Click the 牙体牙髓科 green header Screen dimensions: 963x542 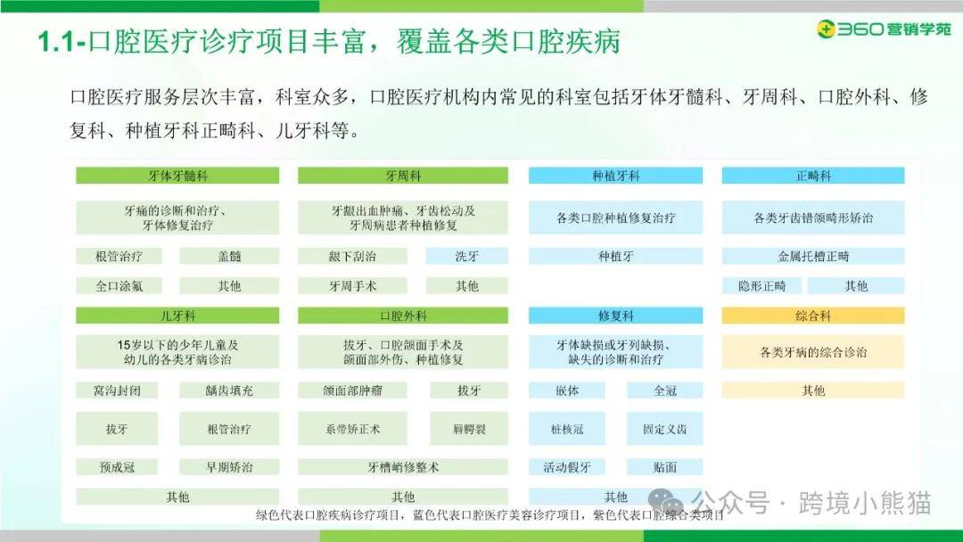177,176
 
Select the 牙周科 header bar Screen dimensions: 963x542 403,176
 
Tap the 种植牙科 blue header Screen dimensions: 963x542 615,176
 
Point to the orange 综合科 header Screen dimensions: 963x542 813,316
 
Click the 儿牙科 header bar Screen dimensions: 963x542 177,316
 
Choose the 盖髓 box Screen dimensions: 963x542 229,256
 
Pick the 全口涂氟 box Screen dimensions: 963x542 119,285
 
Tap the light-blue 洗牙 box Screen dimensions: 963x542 466,256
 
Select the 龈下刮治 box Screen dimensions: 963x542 352,256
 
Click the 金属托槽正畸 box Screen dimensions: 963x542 813,256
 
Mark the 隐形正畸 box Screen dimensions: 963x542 762,285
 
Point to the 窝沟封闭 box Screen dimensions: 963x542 117,390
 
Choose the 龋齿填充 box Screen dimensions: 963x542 229,390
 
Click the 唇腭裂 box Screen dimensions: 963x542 469,429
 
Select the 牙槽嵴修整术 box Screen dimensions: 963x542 403,467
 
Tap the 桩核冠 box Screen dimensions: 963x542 567,429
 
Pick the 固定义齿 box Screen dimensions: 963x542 664,429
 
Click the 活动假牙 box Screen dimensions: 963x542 567,467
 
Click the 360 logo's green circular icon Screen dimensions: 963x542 827,29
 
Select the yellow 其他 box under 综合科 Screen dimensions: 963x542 813,390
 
